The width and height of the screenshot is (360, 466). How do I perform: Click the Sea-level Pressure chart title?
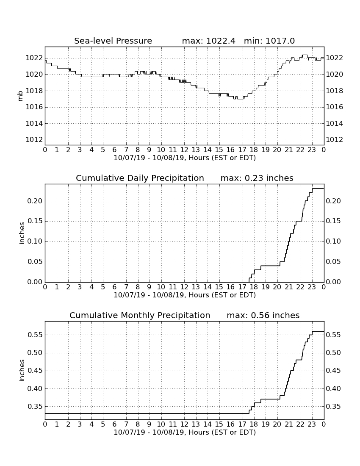coord(113,41)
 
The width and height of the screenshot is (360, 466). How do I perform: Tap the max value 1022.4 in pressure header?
coord(221,41)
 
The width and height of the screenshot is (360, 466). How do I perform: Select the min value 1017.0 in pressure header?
coord(280,41)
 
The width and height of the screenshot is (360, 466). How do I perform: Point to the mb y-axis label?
coord(20,96)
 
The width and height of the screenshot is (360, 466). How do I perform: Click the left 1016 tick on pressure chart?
coord(34,107)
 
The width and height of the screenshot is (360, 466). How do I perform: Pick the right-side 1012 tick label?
coord(335,140)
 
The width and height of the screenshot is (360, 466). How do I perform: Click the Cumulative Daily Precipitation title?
coord(140,178)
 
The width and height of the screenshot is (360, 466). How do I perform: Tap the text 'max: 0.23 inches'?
coord(257,178)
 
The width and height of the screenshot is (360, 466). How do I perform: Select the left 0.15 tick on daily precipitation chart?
coord(35,221)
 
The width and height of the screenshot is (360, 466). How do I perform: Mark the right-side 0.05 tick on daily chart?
coord(333,261)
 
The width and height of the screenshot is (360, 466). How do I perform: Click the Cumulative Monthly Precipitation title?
coord(140,315)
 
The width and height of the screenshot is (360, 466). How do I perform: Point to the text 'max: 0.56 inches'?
coord(263,315)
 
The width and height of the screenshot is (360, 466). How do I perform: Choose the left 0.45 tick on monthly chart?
coord(35,371)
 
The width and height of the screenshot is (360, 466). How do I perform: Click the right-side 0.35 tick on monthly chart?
coord(333,406)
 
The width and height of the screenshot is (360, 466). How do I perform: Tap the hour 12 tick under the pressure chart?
coord(184,150)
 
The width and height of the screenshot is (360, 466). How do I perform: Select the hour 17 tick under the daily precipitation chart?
coord(242,287)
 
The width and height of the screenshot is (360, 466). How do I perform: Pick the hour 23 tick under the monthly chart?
coord(312,424)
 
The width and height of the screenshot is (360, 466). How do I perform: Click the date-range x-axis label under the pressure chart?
coord(185,158)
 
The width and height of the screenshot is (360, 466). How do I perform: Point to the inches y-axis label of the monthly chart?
coord(22,370)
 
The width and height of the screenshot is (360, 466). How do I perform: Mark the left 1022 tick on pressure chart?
coord(34,58)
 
